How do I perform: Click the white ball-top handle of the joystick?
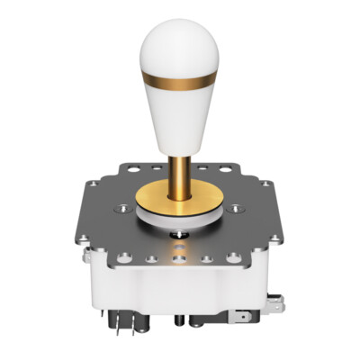pyautogui.click(x=179, y=108)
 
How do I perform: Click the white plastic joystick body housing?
pyautogui.click(x=180, y=288)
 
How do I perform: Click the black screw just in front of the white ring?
pyautogui.click(x=180, y=236)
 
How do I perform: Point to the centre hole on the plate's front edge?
pyautogui.click(x=180, y=259)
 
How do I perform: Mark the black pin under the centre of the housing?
pyautogui.click(x=180, y=320)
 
